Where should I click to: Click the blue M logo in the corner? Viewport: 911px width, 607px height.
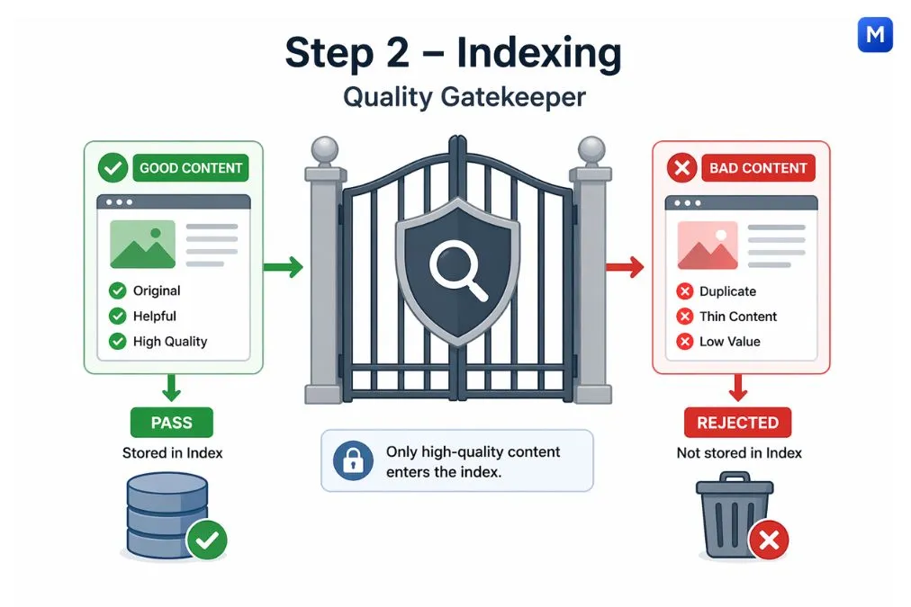(875, 34)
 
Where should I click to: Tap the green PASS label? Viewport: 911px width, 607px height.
(172, 422)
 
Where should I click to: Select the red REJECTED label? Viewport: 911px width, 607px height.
(737, 423)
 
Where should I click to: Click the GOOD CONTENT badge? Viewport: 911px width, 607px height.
(190, 168)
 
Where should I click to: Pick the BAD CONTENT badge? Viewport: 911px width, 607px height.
(757, 168)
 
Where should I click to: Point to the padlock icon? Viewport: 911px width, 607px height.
(352, 460)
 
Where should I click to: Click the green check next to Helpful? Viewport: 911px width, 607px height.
(117, 316)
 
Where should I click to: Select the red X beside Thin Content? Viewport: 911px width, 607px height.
(684, 317)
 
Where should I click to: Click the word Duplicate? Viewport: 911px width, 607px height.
(727, 291)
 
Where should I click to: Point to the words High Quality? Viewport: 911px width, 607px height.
(170, 341)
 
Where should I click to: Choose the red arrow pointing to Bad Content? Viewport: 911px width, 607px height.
(624, 266)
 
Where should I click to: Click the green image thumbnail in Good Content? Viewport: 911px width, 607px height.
(142, 245)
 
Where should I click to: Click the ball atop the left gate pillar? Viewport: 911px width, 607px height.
(323, 149)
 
